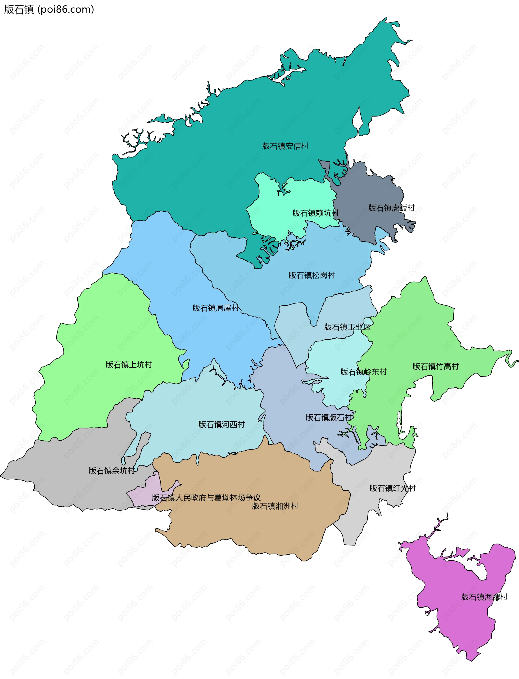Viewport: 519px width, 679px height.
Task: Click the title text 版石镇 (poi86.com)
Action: click(49, 9)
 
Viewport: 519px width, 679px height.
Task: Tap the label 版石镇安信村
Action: click(285, 146)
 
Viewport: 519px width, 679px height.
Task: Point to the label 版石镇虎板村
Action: click(391, 208)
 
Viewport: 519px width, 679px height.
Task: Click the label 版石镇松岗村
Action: click(311, 275)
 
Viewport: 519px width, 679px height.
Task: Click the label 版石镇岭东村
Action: click(363, 372)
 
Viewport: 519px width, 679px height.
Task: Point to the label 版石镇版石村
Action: click(329, 417)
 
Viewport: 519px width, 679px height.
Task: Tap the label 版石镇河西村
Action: click(221, 424)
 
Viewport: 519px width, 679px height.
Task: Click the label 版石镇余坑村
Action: click(112, 471)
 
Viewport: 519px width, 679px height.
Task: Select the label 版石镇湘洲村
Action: click(275, 506)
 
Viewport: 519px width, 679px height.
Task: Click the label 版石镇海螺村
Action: click(484, 597)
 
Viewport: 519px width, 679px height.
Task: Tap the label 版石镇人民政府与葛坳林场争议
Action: click(206, 497)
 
